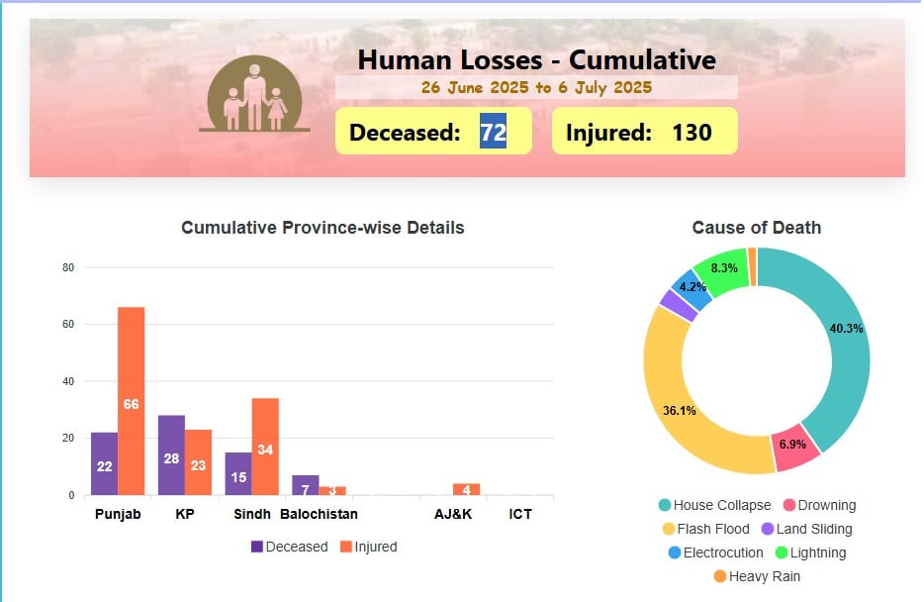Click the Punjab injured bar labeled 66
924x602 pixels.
(131, 401)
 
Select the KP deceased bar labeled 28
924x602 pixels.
(171, 455)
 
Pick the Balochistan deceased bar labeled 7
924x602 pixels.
(306, 485)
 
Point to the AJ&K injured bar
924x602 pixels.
(466, 489)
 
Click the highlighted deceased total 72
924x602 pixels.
(493, 132)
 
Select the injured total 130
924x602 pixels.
(692, 132)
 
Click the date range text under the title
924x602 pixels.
(536, 87)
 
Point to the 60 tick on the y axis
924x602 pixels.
(68, 324)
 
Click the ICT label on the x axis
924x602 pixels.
(520, 515)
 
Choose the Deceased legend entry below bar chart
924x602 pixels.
(289, 547)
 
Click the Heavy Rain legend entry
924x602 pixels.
(756, 576)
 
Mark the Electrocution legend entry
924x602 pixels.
(715, 552)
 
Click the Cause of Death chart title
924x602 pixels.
(756, 228)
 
